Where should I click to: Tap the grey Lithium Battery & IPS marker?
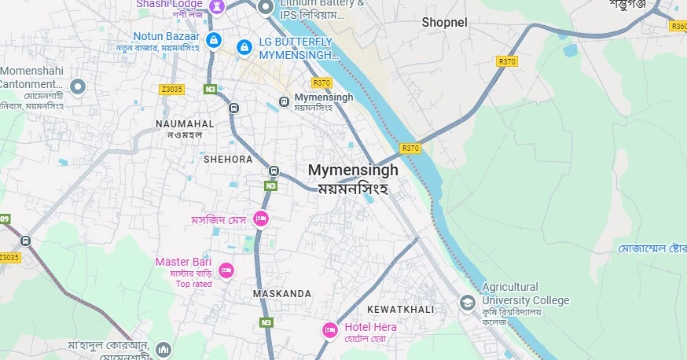[266, 8]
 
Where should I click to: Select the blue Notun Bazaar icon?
[212, 39]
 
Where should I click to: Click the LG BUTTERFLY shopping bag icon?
[244, 48]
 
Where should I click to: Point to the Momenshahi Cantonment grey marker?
[77, 86]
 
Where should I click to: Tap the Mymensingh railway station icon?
[284, 101]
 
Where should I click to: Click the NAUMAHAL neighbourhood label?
[185, 124]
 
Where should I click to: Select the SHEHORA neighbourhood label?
[228, 159]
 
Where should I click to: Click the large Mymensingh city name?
[353, 170]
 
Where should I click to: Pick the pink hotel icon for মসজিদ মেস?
[261, 219]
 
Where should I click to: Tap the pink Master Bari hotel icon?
[226, 270]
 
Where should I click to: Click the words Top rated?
[193, 284]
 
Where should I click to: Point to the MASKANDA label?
[281, 293]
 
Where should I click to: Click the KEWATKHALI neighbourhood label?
[400, 309]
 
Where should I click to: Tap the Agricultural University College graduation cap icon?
[468, 303]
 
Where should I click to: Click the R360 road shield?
[678, 26]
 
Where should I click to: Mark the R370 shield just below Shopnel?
[507, 61]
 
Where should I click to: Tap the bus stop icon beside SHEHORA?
[273, 171]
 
